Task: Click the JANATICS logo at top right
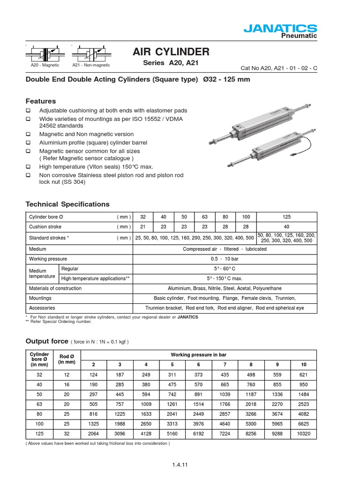(x=280, y=29)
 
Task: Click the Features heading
(x=40, y=101)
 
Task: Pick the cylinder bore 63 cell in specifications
(x=204, y=217)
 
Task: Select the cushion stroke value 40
(x=287, y=227)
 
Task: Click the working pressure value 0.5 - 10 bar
(x=225, y=259)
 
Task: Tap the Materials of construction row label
(x=55, y=288)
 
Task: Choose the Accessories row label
(x=42, y=308)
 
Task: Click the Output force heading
(x=47, y=341)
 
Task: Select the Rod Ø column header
(x=67, y=359)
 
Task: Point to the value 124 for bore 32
(x=93, y=375)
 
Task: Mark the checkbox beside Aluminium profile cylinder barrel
(x=28, y=142)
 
